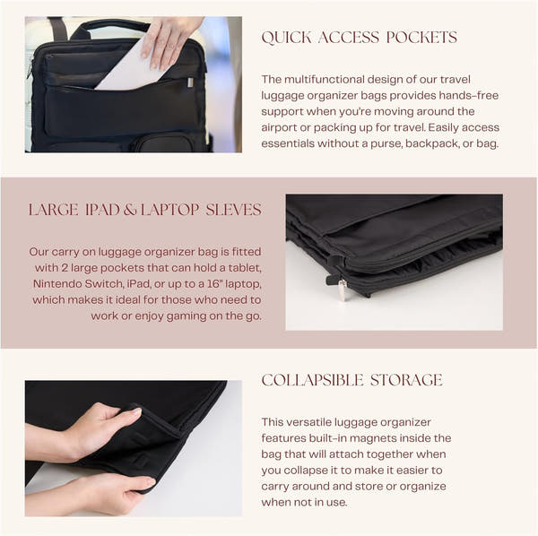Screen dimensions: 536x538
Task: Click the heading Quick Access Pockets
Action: (359, 38)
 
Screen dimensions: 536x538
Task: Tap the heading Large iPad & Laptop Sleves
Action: (145, 210)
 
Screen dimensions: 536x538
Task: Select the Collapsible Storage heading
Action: (351, 380)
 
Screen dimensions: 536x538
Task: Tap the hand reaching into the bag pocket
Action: (171, 39)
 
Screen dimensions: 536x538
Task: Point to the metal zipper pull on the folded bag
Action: (342, 290)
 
